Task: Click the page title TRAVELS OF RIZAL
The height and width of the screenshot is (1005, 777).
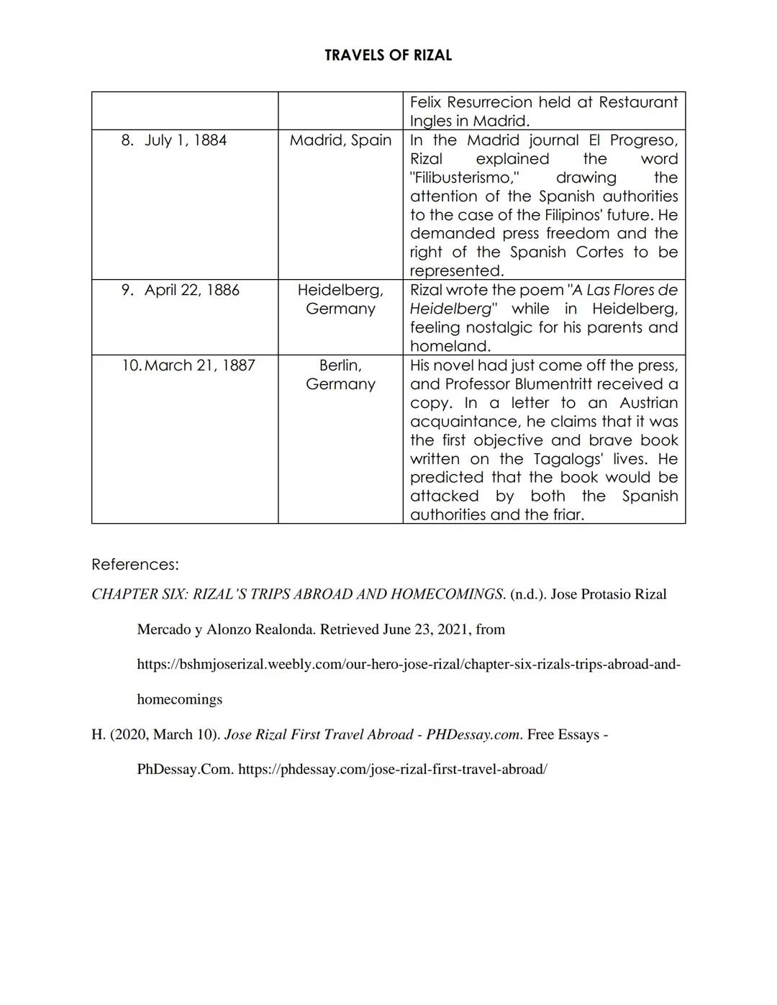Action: click(x=388, y=55)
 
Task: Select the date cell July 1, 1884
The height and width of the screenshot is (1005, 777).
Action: click(x=185, y=140)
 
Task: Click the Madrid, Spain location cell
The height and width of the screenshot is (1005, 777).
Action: click(x=340, y=140)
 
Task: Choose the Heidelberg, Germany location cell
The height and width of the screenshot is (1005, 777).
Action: click(x=340, y=299)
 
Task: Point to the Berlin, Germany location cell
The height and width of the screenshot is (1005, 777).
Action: click(x=340, y=375)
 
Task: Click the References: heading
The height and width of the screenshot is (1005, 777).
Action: click(x=135, y=564)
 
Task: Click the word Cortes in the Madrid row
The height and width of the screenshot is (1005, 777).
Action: click(x=599, y=253)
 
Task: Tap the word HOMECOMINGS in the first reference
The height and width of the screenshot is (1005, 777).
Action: click(x=447, y=594)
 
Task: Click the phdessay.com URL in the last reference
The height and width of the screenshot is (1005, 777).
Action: click(x=392, y=769)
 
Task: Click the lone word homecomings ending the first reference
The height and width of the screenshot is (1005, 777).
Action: click(x=179, y=699)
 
